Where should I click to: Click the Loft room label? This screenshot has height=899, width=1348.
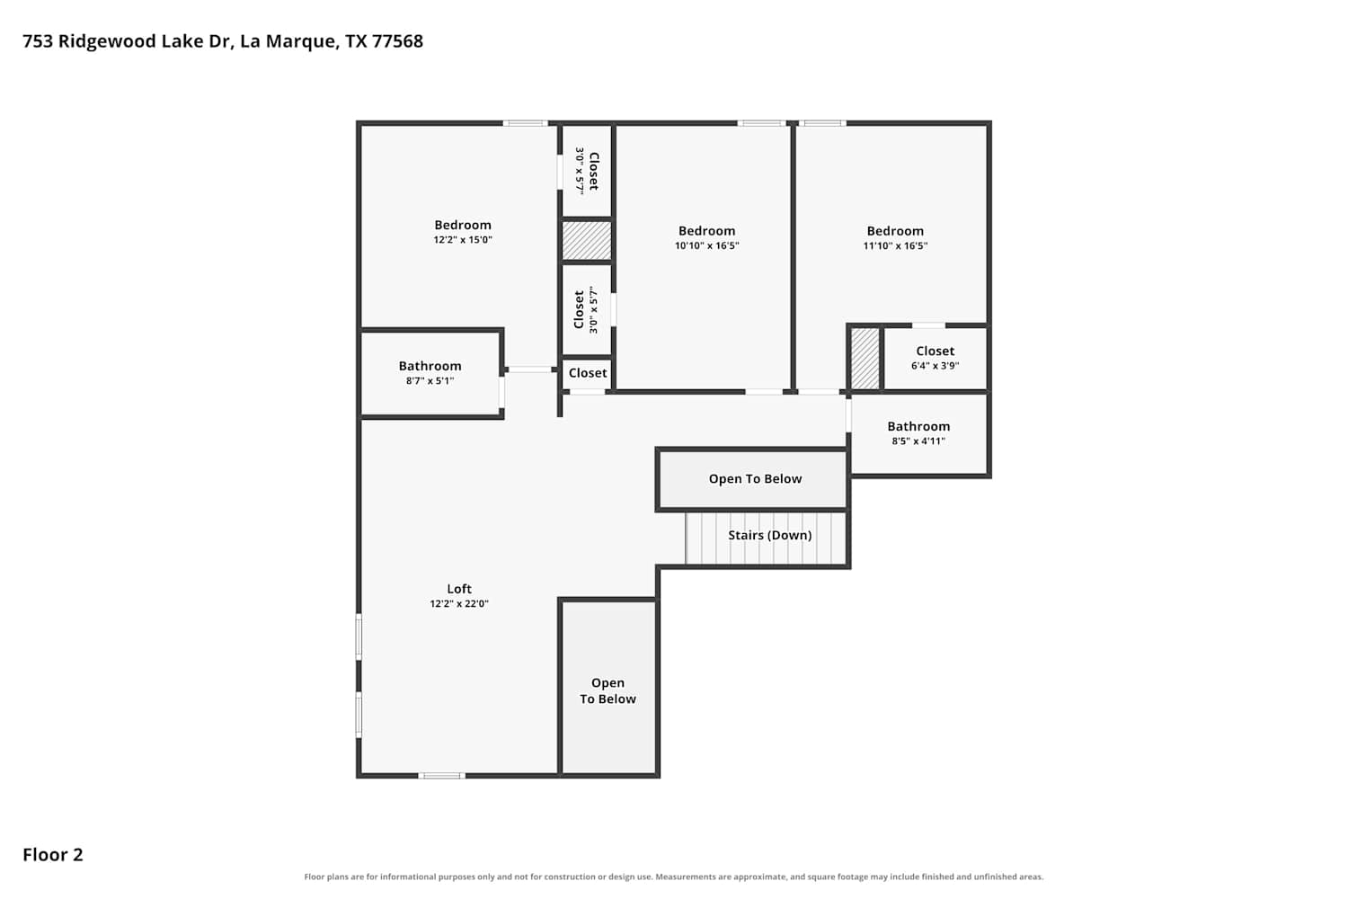(x=458, y=589)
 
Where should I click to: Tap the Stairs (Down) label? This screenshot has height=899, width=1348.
(x=769, y=535)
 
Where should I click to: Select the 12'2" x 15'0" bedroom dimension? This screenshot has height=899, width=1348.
(x=463, y=240)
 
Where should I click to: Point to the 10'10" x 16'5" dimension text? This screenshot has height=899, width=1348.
(x=706, y=245)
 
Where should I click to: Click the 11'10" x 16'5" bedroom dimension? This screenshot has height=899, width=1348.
(x=895, y=245)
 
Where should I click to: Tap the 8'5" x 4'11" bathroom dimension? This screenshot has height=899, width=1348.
(x=918, y=441)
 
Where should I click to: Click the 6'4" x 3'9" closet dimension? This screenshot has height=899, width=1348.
(x=936, y=366)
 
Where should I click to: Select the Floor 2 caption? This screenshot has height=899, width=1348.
(x=53, y=855)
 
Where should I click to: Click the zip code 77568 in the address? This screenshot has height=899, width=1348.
(x=397, y=41)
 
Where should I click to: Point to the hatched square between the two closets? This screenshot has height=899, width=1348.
(x=587, y=240)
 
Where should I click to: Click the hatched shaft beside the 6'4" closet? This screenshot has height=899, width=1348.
(x=865, y=359)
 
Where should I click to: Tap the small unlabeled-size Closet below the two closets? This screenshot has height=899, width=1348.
(x=588, y=373)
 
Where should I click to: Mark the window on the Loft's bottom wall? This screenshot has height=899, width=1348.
(x=442, y=776)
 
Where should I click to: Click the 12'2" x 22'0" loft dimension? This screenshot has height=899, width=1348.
(x=459, y=604)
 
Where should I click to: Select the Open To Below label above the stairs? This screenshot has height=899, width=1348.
(x=755, y=478)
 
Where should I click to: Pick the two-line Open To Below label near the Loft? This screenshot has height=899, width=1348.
(x=607, y=690)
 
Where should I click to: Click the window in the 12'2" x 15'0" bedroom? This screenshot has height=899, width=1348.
(x=526, y=123)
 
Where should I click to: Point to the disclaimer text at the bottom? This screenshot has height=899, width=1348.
(x=673, y=877)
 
